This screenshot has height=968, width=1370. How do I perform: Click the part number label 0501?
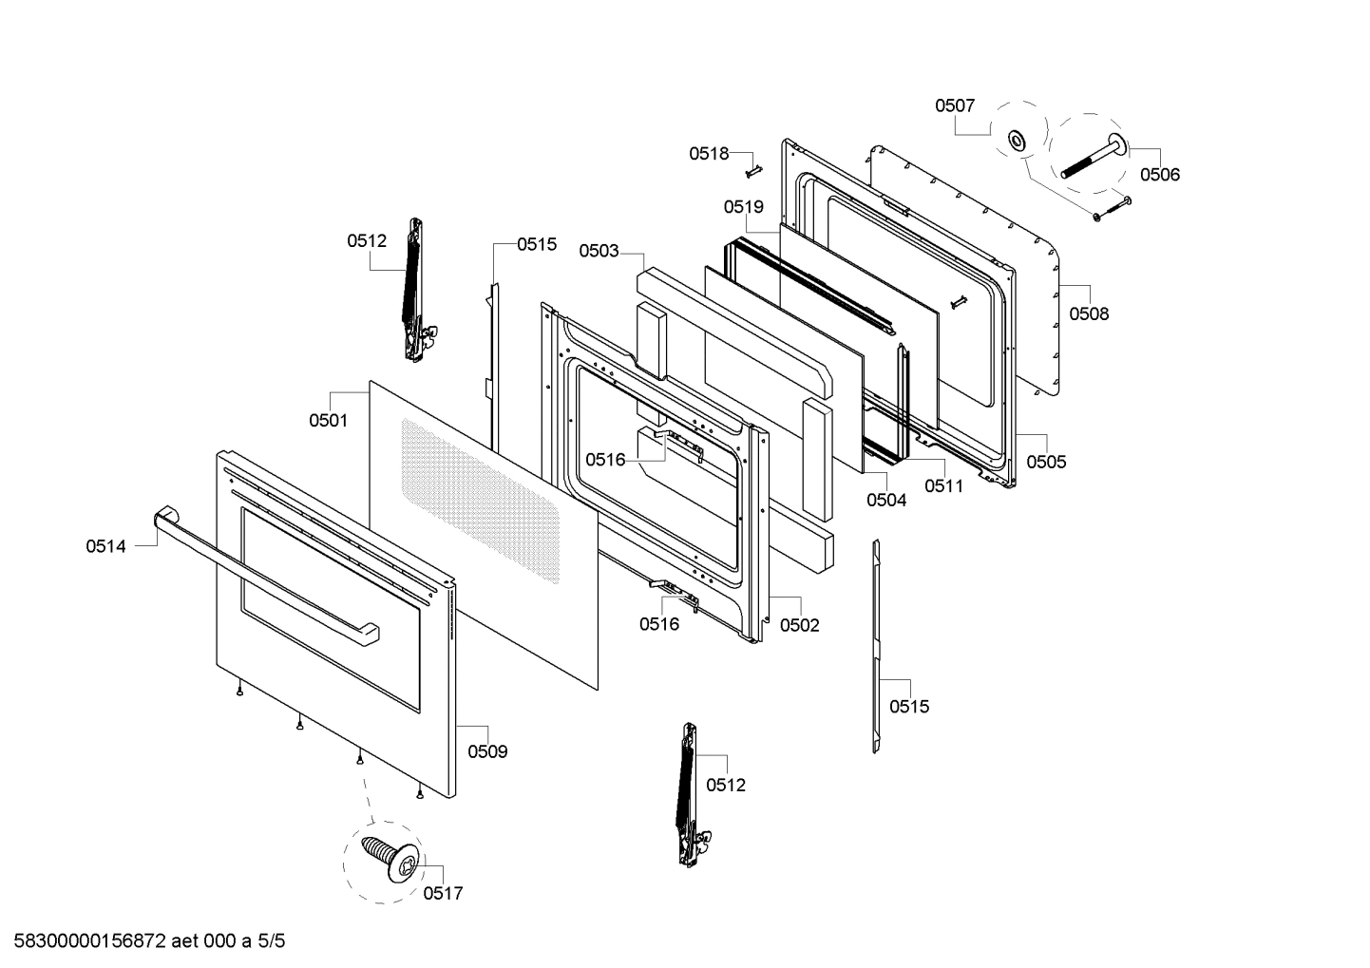(x=328, y=420)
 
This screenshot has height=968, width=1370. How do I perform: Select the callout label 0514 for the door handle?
(x=105, y=546)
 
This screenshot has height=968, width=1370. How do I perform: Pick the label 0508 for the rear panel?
(x=1089, y=313)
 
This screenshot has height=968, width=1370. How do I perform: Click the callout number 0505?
(x=1046, y=462)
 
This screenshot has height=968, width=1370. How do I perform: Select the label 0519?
(x=743, y=207)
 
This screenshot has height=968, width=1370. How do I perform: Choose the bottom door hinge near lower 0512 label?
(x=688, y=794)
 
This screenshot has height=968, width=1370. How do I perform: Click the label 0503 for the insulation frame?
(x=599, y=251)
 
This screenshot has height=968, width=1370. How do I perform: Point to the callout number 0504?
(x=885, y=500)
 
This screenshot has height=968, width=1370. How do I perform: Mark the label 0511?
(x=943, y=486)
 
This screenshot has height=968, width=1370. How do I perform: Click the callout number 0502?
(x=799, y=625)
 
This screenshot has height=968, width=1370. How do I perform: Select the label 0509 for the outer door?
(x=487, y=751)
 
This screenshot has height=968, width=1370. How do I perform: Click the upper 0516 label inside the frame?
(x=605, y=460)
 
